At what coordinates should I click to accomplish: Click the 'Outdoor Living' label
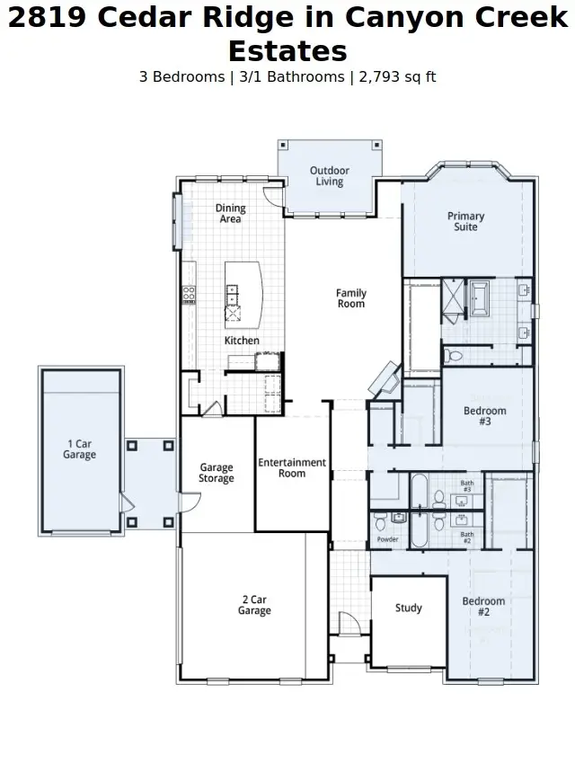(329, 176)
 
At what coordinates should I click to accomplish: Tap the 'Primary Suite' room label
(465, 221)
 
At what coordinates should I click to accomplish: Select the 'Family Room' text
(351, 298)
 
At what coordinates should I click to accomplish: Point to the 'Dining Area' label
(230, 214)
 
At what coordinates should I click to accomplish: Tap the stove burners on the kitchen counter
(190, 293)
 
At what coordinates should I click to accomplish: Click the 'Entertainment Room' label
(292, 468)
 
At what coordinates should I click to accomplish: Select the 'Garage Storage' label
(217, 473)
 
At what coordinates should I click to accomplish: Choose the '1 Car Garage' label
(79, 449)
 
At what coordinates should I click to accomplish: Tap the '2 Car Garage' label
(254, 605)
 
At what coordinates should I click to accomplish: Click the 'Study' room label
(409, 609)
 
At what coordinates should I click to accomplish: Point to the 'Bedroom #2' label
(483, 607)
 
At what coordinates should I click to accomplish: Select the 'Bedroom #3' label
(484, 416)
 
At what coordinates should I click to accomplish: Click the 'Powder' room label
(387, 539)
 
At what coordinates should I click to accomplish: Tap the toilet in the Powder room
(381, 520)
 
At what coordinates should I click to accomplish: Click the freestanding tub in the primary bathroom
(479, 298)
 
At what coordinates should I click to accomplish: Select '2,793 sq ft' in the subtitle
(396, 77)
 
